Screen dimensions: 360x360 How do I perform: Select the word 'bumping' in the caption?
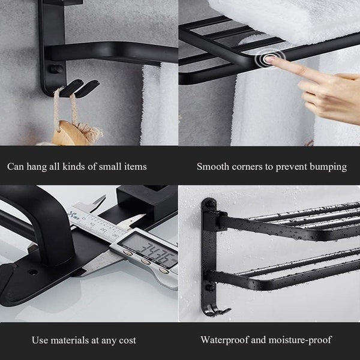(x=328, y=166)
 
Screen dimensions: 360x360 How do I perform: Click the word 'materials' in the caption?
(x=71, y=340)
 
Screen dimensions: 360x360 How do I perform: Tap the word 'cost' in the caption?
(x=127, y=340)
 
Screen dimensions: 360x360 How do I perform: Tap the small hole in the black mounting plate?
(x=32, y=272)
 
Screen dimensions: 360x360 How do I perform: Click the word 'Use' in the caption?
(x=40, y=340)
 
